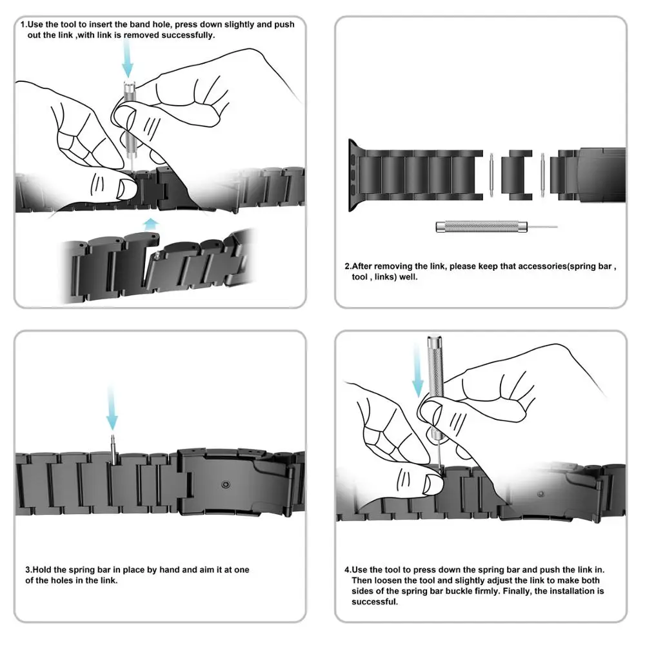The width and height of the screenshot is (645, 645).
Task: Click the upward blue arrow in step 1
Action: (150, 224)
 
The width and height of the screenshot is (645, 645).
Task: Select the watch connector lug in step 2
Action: (354, 170)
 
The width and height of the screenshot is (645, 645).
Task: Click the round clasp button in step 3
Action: (224, 483)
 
